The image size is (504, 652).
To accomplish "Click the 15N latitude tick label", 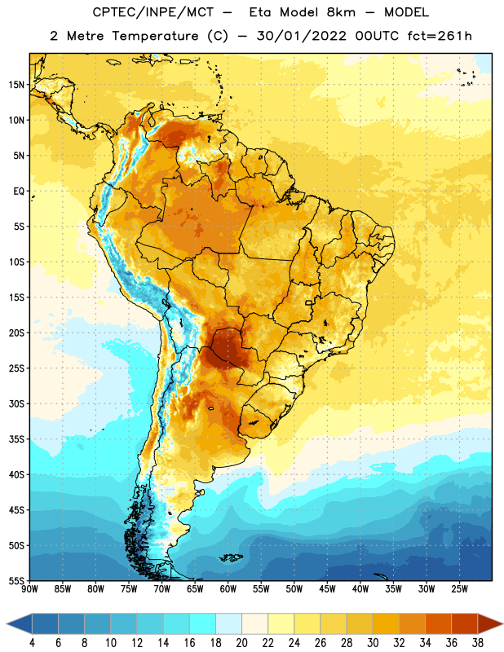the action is (x=16, y=85).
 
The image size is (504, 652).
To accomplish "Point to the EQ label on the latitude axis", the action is (x=19, y=192).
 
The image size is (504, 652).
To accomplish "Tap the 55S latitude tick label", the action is (x=16, y=580).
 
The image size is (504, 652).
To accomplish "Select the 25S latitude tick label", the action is (x=16, y=368).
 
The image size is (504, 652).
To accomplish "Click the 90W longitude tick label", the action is (x=29, y=588).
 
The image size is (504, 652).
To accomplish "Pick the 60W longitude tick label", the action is (x=228, y=588).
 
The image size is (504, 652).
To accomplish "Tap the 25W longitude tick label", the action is (x=459, y=588).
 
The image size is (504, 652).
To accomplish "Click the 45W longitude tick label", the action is (x=327, y=588).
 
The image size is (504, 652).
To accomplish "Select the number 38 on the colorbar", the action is (x=478, y=643).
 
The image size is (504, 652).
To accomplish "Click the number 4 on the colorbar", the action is (x=32, y=643).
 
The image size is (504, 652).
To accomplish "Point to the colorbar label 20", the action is (x=241, y=643).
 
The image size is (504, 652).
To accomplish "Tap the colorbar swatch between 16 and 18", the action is (x=203, y=623).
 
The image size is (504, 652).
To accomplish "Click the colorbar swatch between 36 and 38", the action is (x=465, y=623).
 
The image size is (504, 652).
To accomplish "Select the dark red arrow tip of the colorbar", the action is (x=490, y=623).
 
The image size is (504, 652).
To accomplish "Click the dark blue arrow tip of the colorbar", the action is (x=19, y=623).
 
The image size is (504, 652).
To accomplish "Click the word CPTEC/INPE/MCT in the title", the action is (x=153, y=12).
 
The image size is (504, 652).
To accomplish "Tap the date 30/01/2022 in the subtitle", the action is (x=301, y=36).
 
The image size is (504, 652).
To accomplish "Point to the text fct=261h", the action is (x=440, y=36).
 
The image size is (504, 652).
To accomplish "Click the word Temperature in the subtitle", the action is (x=155, y=36).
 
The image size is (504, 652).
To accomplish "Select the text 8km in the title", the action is (x=341, y=12).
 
